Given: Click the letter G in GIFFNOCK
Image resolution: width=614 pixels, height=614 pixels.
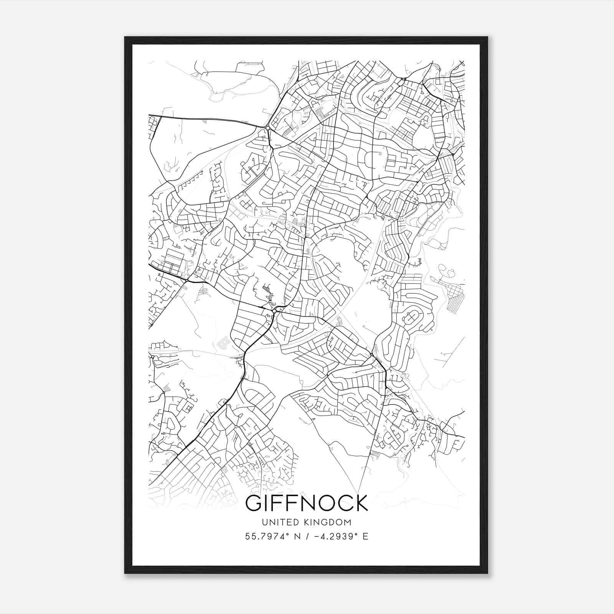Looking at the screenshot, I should pyautogui.click(x=255, y=503).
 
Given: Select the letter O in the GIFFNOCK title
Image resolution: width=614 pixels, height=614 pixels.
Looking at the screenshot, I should pyautogui.click(x=322, y=503).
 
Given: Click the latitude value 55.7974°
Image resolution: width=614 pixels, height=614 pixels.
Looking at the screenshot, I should pyautogui.click(x=265, y=536).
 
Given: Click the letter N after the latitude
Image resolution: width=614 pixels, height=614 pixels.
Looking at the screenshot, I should pyautogui.click(x=296, y=536).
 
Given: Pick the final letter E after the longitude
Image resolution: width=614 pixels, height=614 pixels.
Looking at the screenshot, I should pyautogui.click(x=365, y=536).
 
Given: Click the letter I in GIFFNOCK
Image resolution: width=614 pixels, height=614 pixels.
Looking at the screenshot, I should pyautogui.click(x=269, y=503).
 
